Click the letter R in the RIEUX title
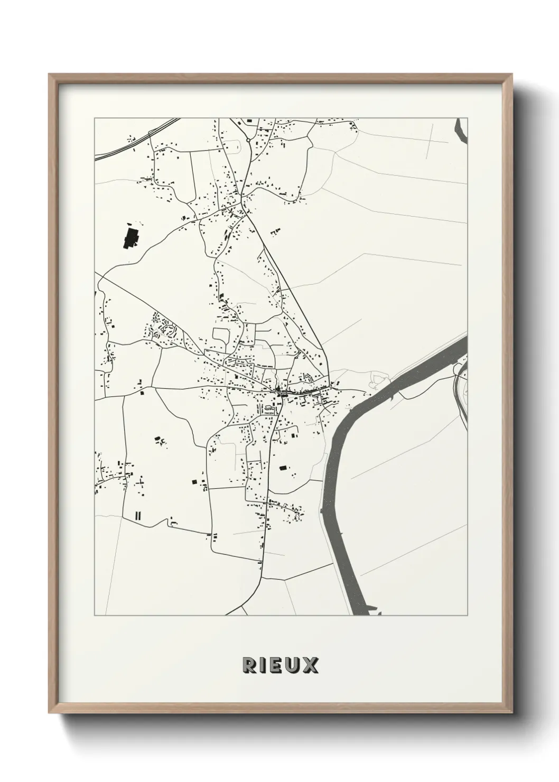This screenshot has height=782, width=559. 249,665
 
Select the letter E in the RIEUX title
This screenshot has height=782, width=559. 277,665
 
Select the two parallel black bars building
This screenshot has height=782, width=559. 138,516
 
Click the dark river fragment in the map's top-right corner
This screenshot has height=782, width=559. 461,130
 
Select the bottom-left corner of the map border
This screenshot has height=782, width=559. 95,616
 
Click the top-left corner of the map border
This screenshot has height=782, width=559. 95,118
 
